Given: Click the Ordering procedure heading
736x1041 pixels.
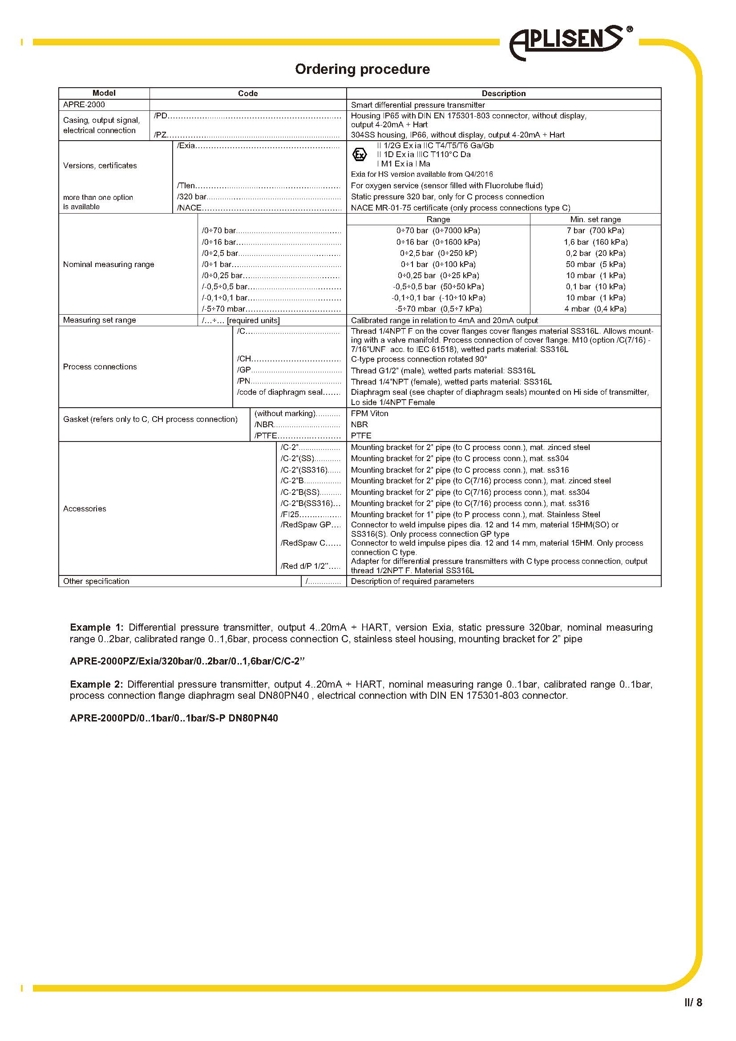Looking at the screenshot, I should tap(362, 69).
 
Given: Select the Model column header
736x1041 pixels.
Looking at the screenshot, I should tap(104, 93).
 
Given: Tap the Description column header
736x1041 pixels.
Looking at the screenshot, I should tap(504, 93).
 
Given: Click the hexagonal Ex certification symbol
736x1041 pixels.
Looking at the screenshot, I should tap(360, 155).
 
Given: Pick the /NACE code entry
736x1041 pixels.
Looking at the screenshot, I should tap(190, 208).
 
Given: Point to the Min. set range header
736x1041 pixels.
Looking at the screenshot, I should tap(595, 219).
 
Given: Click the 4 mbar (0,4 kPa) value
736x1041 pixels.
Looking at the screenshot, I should tap(595, 309).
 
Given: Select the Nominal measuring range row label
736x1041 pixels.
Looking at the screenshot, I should tap(108, 264).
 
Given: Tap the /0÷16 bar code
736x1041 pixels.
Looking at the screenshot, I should tap(219, 242).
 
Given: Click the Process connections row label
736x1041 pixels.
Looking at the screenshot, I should tap(100, 367).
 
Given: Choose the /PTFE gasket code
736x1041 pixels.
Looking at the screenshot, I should tap(266, 436).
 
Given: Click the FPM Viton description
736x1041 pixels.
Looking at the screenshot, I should tap(369, 413).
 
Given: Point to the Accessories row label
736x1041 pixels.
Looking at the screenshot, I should tap(84, 509).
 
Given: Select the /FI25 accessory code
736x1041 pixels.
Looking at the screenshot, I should tap(290, 514).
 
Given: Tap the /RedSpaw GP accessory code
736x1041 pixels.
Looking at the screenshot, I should tap(306, 525).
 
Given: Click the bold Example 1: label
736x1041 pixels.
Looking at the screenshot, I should tap(96, 628).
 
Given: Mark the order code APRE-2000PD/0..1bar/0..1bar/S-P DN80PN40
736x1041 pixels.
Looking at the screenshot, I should tap(174, 718).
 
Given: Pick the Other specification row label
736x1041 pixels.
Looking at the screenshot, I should tap(96, 581).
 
